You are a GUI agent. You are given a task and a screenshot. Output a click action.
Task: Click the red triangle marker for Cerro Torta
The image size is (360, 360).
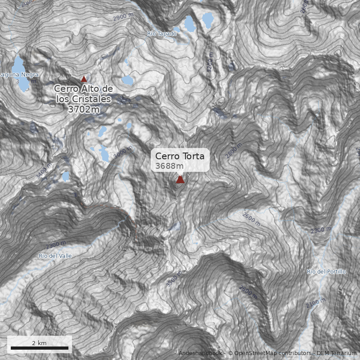[180, 180]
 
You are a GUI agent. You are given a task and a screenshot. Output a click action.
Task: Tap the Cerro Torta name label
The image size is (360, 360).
[180, 156]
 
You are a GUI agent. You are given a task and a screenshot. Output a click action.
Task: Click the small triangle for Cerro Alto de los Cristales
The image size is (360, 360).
[83, 78]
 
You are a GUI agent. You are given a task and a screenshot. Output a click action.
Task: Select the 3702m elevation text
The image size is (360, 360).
[83, 108]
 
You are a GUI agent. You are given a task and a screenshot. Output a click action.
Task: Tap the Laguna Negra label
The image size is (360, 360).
[19, 74]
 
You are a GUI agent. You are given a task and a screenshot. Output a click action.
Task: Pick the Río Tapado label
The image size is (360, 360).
[162, 34]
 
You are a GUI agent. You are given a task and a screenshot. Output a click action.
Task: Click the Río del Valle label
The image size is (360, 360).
[55, 256]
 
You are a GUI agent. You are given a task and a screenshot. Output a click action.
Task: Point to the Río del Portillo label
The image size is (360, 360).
[326, 272]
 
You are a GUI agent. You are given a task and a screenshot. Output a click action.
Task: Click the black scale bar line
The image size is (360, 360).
[39, 348]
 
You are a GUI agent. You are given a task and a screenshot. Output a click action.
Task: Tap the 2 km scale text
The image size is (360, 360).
[39, 343]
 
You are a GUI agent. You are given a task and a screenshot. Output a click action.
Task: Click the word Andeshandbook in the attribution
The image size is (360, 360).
[200, 353]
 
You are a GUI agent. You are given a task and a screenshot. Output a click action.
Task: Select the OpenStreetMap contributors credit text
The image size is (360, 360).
[270, 353]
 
